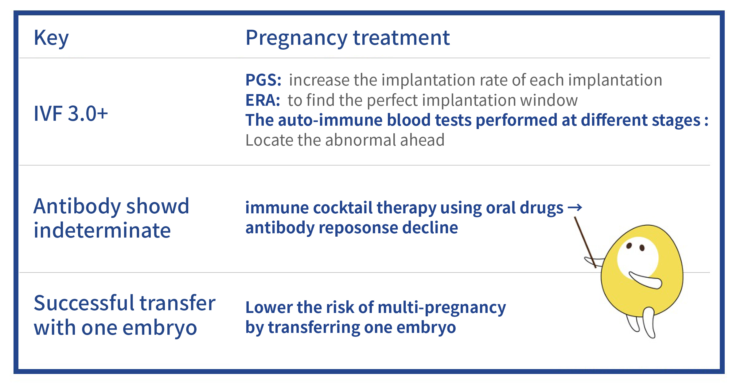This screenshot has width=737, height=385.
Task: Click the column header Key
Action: coord(51,38)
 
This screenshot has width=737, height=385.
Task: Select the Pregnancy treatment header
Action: coord(348,38)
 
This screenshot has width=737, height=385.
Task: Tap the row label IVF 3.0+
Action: coord(71,113)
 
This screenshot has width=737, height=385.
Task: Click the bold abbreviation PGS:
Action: coord(263,80)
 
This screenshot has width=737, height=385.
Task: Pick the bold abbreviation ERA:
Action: coord(263,100)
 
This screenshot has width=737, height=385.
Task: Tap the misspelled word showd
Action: coord(158,206)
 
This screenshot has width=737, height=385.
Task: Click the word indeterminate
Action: coord(102,231)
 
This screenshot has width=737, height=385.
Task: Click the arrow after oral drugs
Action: coord(575,208)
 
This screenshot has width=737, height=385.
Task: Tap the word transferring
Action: coord(314,328)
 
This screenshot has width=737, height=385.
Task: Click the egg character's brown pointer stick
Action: coord(585,242)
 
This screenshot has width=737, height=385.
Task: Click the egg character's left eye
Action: coord(629,246)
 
